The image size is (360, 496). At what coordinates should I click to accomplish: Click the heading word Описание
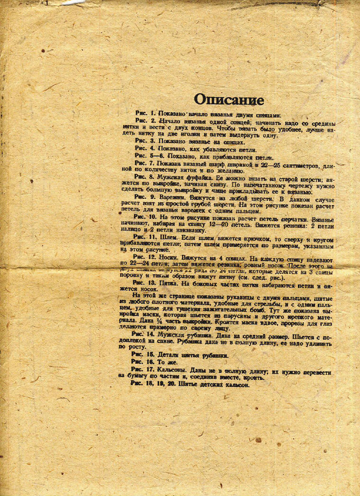[229, 99]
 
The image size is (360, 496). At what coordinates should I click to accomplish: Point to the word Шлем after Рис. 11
[170, 236]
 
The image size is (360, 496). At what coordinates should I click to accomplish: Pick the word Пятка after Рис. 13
[169, 283]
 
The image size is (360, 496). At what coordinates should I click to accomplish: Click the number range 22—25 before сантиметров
[270, 164]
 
